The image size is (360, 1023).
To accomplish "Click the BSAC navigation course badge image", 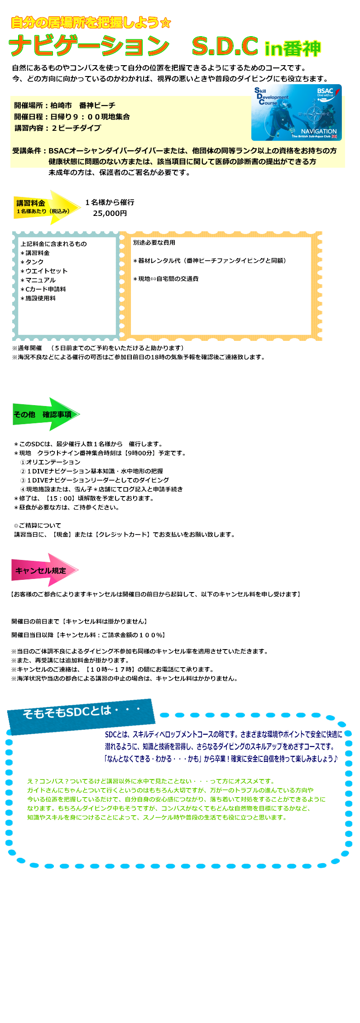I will (x=296, y=112).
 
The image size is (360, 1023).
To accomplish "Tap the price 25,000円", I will (x=110, y=213).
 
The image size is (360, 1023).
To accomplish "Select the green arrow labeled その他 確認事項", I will (x=45, y=414).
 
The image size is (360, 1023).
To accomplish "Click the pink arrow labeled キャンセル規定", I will (x=44, y=570).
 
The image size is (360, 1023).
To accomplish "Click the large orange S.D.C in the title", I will (x=225, y=46).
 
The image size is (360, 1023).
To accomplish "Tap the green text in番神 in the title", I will (x=293, y=48).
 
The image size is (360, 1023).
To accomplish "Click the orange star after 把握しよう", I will (x=166, y=23).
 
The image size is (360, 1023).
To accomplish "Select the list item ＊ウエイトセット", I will (x=44, y=271).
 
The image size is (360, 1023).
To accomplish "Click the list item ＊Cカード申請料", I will (x=43, y=289).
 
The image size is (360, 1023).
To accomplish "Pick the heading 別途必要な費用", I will (x=154, y=243).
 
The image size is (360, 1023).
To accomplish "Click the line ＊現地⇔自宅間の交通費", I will (x=165, y=279).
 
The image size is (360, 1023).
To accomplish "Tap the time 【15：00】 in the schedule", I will (x=60, y=498).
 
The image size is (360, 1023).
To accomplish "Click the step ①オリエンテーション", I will (x=50, y=462).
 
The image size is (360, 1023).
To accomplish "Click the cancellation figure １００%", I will (x=148, y=635).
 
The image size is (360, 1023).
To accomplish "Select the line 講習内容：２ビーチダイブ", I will (x=58, y=128).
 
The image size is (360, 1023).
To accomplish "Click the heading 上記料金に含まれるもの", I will (x=53, y=244).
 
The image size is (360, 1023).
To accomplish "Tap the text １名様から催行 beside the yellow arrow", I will (x=110, y=202).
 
